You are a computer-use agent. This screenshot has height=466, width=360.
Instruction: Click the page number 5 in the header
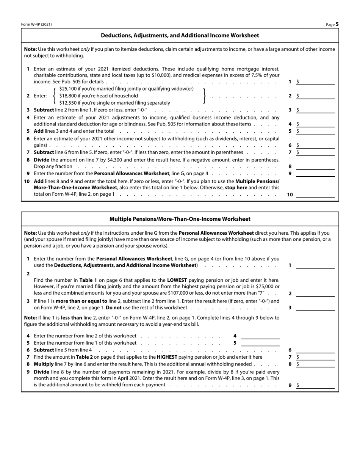click(x=337, y=24)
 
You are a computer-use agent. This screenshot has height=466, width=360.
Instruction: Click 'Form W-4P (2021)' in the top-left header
click(x=36, y=25)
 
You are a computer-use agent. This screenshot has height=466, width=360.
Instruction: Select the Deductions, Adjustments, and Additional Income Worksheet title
click(x=180, y=35)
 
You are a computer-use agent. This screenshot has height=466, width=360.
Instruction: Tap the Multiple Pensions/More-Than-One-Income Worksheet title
click(x=180, y=219)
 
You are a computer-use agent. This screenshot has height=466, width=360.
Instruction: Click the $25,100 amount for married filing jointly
click(x=69, y=89)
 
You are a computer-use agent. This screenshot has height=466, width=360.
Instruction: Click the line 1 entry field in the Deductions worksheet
click(x=317, y=82)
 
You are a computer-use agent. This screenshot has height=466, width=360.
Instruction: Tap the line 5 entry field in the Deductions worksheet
click(x=317, y=131)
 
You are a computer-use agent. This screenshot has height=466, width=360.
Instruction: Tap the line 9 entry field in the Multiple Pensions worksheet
click(x=317, y=385)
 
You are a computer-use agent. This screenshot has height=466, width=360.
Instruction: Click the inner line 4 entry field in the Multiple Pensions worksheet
click(x=260, y=336)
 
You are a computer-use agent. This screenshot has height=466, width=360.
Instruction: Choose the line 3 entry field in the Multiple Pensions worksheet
click(x=315, y=308)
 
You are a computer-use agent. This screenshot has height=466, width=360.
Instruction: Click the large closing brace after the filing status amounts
click(x=204, y=96)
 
